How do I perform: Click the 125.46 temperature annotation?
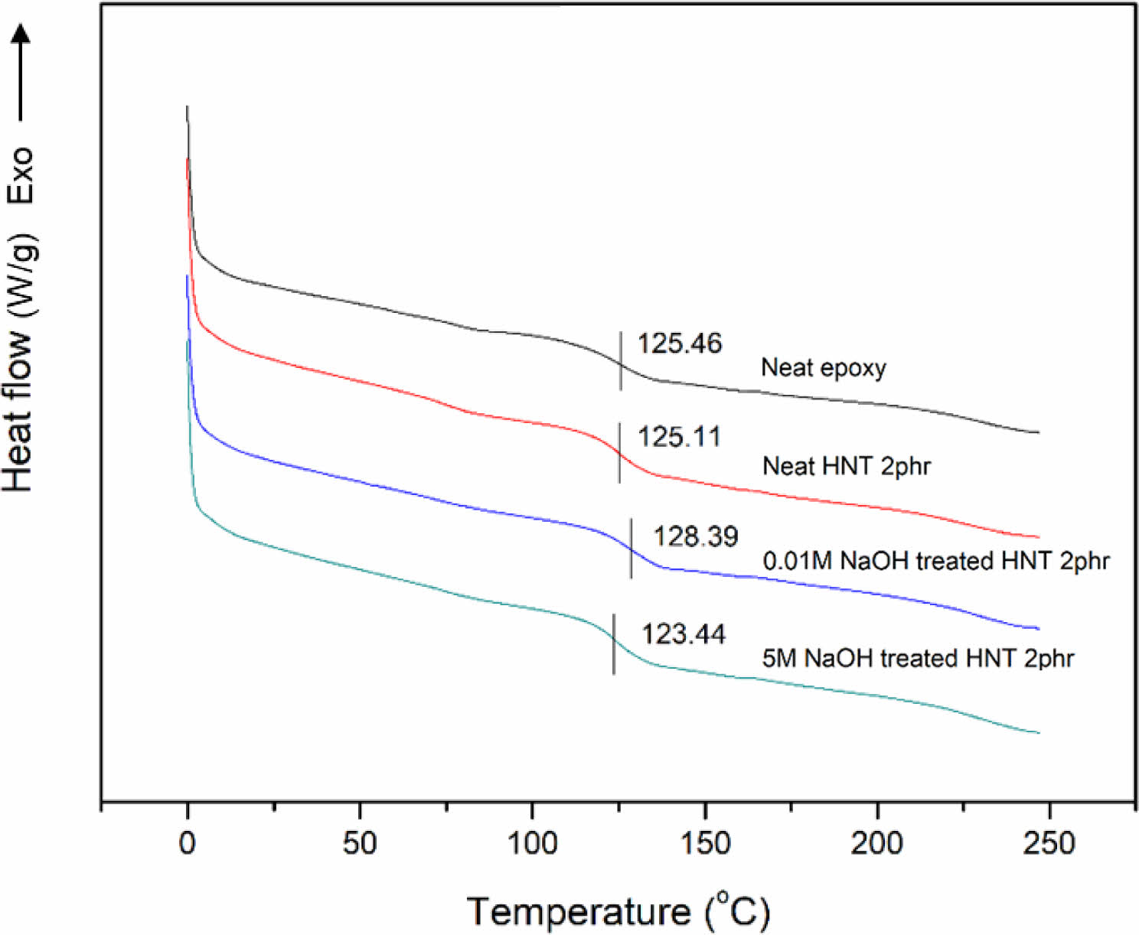(x=679, y=344)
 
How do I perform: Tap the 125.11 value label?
(x=679, y=437)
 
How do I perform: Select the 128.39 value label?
(x=695, y=536)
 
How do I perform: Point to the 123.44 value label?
(x=683, y=634)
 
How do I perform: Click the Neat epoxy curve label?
(x=823, y=368)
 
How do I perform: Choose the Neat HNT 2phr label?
(x=846, y=466)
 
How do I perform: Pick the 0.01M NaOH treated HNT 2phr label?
(x=935, y=561)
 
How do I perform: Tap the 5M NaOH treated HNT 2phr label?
(x=918, y=658)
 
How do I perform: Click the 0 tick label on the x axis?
(x=188, y=843)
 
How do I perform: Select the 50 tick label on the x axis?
(x=359, y=843)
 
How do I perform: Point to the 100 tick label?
(x=532, y=843)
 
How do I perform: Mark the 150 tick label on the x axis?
(x=704, y=843)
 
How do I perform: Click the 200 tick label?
(x=876, y=843)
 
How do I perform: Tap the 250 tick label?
(x=1049, y=843)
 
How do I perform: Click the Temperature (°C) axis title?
(x=618, y=911)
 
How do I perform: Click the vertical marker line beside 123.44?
(x=614, y=644)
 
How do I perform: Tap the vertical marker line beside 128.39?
(x=631, y=548)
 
